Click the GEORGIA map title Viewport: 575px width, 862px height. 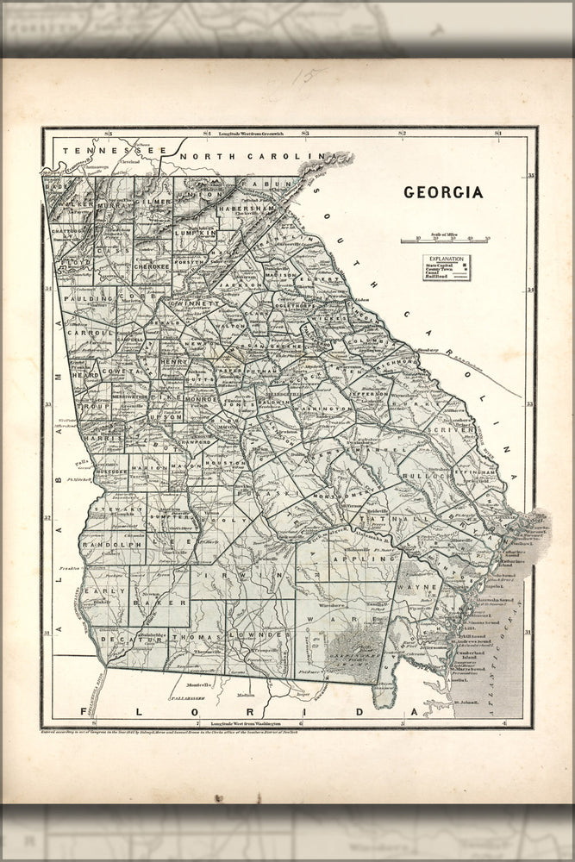[444, 192]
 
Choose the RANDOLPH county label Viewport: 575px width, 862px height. [110, 546]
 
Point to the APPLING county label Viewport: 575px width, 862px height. [369, 559]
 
